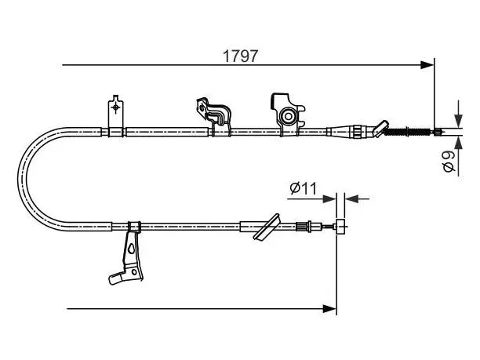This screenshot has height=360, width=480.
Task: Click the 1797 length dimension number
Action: click(240, 56)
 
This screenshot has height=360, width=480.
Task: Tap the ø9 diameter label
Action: click(449, 161)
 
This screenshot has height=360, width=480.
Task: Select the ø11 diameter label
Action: click(303, 188)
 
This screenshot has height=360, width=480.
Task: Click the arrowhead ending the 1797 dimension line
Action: click(427, 65)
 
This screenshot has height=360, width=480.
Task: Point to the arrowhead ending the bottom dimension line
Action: click(329, 308)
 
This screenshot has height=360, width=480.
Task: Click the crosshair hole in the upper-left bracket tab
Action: click(116, 107)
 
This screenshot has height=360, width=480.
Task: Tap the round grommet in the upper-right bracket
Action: click(288, 116)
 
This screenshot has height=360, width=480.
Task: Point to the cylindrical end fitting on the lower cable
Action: click(340, 227)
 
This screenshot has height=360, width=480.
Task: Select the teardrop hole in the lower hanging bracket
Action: click(132, 249)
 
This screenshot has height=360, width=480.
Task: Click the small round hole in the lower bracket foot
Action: click(134, 271)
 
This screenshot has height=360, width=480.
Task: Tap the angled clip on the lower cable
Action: click(267, 227)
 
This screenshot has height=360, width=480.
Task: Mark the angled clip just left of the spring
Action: click(381, 129)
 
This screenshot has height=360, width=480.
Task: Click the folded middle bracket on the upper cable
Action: click(214, 116)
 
